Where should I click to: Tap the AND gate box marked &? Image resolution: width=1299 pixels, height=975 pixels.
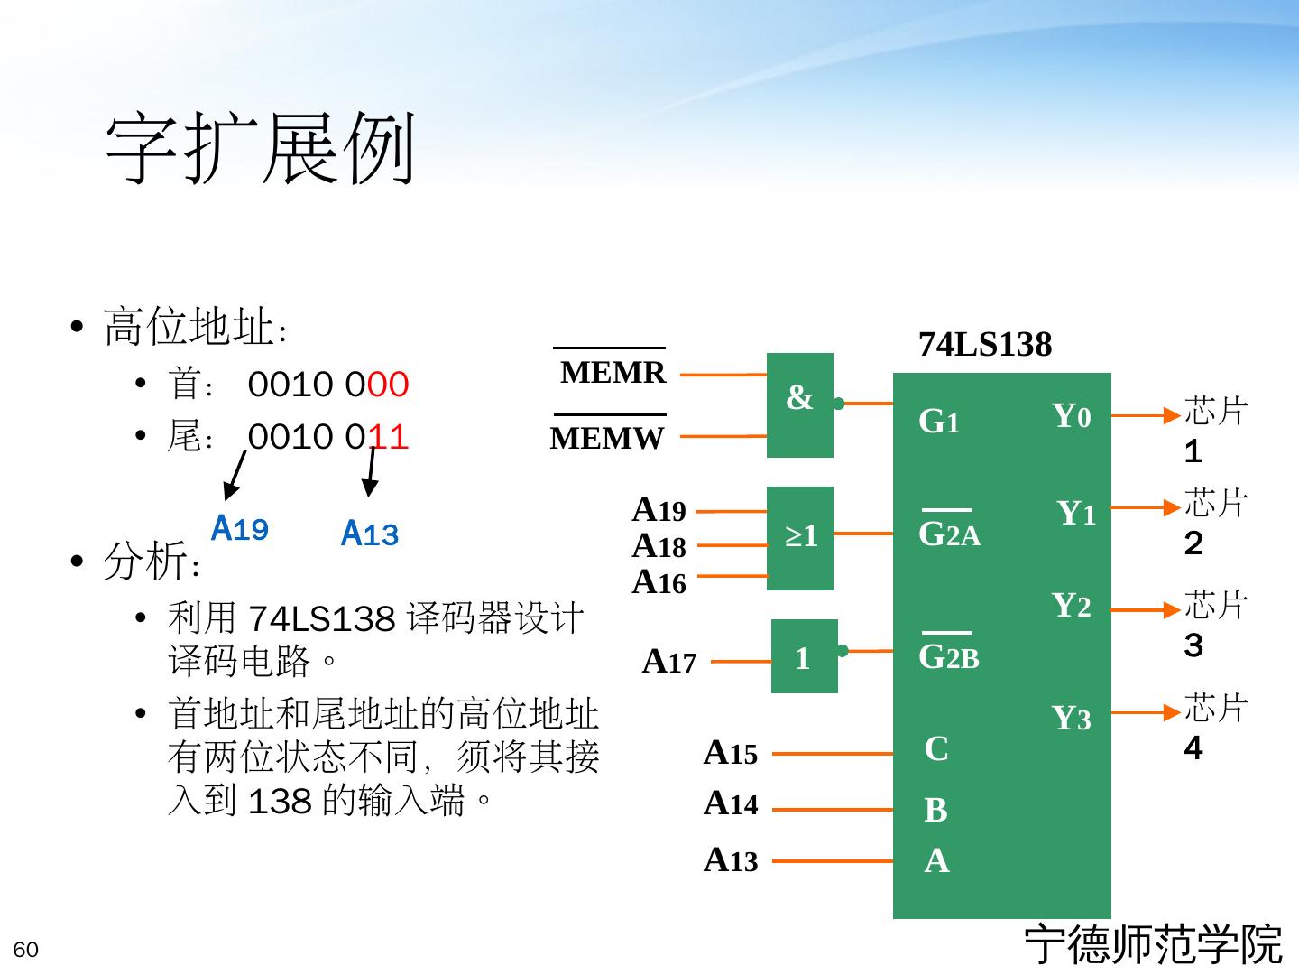799,404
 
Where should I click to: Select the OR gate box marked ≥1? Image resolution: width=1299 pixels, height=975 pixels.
799,538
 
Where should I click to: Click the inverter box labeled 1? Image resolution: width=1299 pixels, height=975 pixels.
803,657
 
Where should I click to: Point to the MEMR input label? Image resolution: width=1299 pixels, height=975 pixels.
613,372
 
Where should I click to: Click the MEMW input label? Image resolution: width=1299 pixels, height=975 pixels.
607,439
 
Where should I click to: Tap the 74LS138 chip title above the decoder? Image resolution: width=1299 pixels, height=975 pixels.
985,345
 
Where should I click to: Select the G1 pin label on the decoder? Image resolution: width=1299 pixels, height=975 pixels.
938,422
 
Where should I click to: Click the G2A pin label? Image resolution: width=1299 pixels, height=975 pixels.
949,534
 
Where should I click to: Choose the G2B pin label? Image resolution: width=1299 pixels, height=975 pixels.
948,657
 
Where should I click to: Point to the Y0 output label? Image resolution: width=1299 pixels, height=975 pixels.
1072,416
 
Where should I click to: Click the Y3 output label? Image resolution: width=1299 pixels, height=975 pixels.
1072,719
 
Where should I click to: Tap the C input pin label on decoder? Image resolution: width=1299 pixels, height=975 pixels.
936,749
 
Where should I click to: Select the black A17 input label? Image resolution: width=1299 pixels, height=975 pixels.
668,663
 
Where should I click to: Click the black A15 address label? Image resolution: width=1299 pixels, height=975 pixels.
730,752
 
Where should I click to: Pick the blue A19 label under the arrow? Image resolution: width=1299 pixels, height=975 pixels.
239,528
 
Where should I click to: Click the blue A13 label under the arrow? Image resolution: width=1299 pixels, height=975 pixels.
370,534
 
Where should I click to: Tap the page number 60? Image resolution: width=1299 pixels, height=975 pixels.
26,950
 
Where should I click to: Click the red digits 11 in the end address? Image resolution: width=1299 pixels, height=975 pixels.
389,438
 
